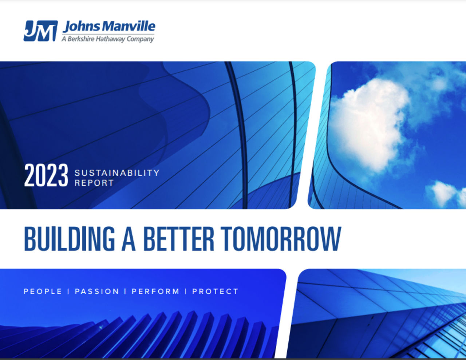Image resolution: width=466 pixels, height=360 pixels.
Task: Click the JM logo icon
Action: point(40,31)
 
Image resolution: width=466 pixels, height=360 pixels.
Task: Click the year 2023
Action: point(46,175)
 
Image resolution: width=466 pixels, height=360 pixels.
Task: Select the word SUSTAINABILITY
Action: point(117,173)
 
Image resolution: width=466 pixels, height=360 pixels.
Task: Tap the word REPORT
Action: point(94,183)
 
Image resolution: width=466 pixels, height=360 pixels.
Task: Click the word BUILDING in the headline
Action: point(70,239)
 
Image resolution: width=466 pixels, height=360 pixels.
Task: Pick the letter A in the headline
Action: point(129,239)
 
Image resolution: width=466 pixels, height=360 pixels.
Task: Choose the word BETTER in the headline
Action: point(179,239)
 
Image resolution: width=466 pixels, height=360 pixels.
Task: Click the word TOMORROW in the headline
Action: point(281,239)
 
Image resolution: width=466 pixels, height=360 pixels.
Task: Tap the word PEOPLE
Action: point(43,292)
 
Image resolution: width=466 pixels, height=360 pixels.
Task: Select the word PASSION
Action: point(97,292)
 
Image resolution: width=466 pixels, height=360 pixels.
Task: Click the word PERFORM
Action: point(155,292)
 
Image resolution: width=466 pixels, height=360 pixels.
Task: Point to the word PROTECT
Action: point(215,292)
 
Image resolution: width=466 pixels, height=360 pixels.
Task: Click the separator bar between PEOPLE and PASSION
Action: point(68,292)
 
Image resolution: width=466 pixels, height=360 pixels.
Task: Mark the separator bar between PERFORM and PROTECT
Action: point(186,292)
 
